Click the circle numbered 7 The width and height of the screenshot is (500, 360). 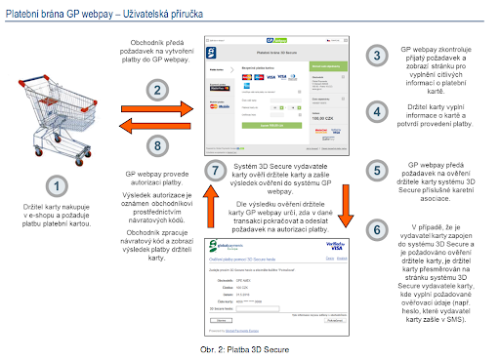point(220,170)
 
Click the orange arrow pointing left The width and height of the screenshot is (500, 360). point(159,125)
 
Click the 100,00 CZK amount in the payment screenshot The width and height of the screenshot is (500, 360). point(320,116)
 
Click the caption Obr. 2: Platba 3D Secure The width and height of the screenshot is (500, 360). point(249,348)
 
